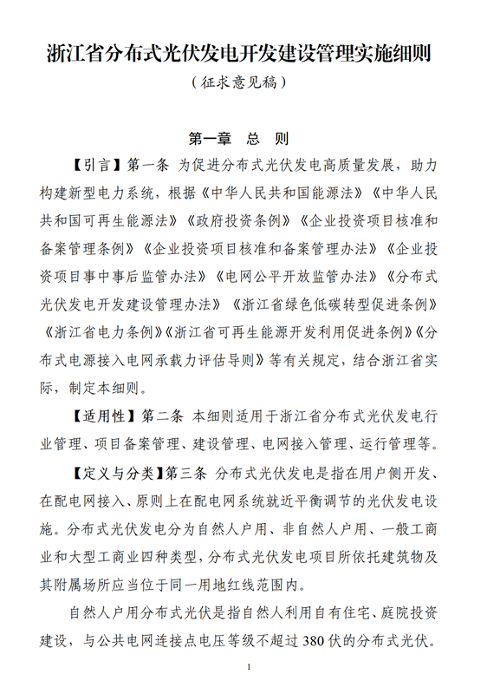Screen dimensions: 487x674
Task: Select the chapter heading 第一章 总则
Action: (x=238, y=139)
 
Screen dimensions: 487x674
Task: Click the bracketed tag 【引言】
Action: (x=95, y=165)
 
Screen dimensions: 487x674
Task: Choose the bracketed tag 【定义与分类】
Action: (x=115, y=474)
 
